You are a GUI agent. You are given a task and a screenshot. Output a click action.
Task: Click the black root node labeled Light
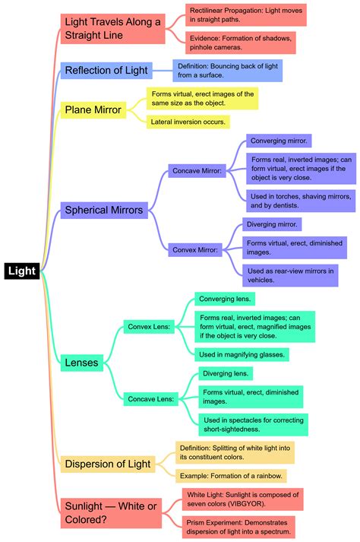[22, 271]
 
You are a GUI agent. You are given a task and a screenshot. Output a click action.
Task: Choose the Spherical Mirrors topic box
[104, 210]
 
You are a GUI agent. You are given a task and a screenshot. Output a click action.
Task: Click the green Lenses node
[81, 363]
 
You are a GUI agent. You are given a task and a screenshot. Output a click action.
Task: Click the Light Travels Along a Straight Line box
[113, 29]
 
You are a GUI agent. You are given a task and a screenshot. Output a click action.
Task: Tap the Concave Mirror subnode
[196, 172]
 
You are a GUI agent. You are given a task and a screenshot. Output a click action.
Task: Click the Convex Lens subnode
[151, 326]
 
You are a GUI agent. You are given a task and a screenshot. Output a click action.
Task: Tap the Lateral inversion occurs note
[188, 121]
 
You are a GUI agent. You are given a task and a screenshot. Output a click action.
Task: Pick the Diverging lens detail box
[226, 373]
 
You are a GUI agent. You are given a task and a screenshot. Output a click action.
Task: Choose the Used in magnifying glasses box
[241, 353]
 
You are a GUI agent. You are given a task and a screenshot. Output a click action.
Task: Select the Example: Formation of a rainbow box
[231, 476]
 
